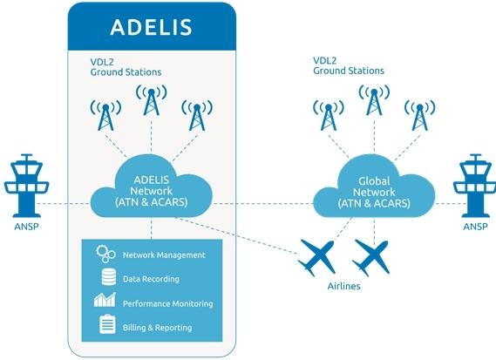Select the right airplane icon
pyautogui.click(x=372, y=255)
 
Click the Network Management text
pyautogui.click(x=164, y=255)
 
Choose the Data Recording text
pyautogui.click(x=151, y=279)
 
